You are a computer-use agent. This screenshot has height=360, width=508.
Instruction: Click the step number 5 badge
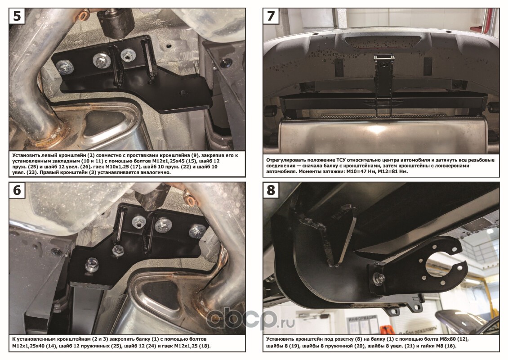click(x=17, y=16)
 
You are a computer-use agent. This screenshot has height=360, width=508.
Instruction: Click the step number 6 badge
click(x=17, y=190)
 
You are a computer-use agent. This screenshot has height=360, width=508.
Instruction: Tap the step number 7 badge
click(x=271, y=16)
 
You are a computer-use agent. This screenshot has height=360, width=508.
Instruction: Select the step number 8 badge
click(x=271, y=190)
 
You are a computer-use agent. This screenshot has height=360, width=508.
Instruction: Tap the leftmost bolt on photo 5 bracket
click(x=64, y=67)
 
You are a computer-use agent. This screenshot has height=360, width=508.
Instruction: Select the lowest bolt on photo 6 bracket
click(x=91, y=265)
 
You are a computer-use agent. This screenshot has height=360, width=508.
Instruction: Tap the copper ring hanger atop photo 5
click(x=84, y=15)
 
